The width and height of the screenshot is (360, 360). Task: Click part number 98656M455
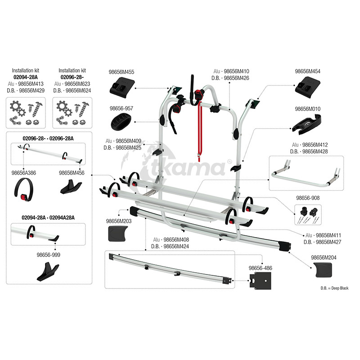pyautogui.click(x=121, y=72)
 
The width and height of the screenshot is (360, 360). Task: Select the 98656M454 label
pyautogui.click(x=307, y=72)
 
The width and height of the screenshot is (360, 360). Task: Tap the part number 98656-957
pyautogui.click(x=121, y=108)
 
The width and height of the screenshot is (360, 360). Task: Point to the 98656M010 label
pyautogui.click(x=307, y=109)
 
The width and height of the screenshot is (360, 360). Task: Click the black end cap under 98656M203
pyautogui.click(x=117, y=234)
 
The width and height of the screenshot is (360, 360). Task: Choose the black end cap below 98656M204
pyautogui.click(x=324, y=270)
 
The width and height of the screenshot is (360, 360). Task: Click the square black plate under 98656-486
pyautogui.click(x=261, y=281)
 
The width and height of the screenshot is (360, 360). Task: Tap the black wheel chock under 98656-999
pyautogui.click(x=48, y=272)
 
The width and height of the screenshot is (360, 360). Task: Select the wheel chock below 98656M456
pyautogui.click(x=71, y=186)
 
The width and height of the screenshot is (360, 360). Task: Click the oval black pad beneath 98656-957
pyautogui.click(x=121, y=121)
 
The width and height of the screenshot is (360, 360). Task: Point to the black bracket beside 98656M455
pyautogui.click(x=121, y=87)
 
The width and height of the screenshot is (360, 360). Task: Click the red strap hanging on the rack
pyautogui.click(x=199, y=131)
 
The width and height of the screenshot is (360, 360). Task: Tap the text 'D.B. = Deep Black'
pyautogui.click(x=334, y=288)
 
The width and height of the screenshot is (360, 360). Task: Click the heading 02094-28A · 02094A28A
pyautogui.click(x=48, y=218)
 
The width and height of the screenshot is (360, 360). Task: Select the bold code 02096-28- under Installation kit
pyautogui.click(x=72, y=77)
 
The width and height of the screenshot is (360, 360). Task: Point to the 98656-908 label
pyautogui.click(x=308, y=198)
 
